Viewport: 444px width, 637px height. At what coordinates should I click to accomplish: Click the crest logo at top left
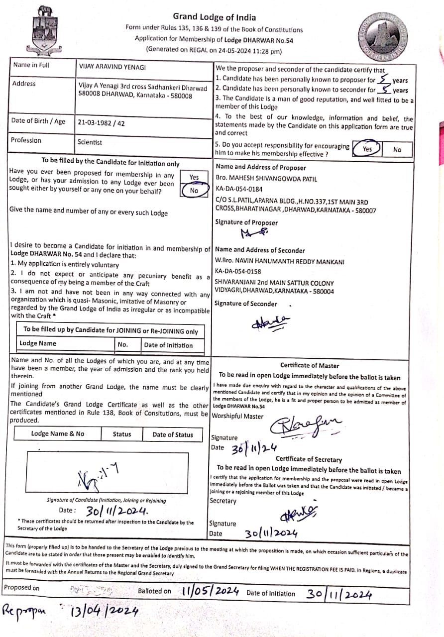46,32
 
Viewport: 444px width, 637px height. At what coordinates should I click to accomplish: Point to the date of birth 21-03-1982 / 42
101,122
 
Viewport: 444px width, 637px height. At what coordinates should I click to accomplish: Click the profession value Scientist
90,142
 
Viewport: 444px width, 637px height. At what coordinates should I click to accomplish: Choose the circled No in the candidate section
194,191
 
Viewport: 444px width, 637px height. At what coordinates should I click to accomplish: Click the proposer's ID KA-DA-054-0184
239,189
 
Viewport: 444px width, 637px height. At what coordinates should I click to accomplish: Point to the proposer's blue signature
253,232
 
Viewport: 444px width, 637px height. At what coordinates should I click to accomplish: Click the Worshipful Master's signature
306,426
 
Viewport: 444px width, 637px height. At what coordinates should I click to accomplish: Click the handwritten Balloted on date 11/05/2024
210,591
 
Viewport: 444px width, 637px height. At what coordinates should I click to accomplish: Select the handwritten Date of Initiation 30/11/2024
339,594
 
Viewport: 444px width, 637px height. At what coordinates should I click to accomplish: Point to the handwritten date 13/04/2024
104,611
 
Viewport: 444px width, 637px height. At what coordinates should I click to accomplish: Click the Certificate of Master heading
310,365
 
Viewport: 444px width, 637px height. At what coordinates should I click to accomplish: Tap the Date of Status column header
172,434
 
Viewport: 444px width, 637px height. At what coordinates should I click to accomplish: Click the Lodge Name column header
38,343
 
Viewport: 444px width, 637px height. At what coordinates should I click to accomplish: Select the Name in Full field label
31,65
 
